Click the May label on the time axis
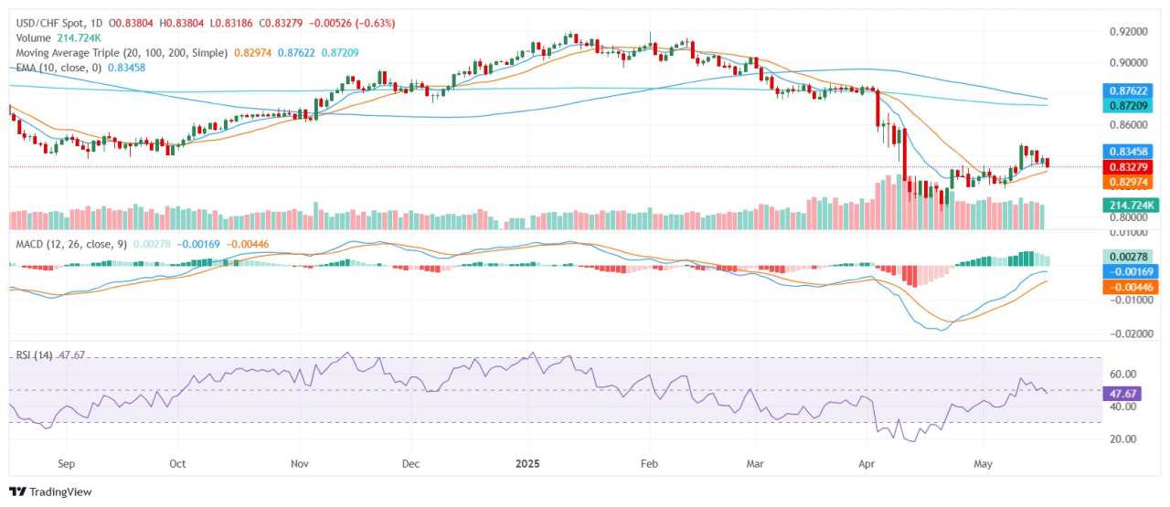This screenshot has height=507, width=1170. tap(983, 463)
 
